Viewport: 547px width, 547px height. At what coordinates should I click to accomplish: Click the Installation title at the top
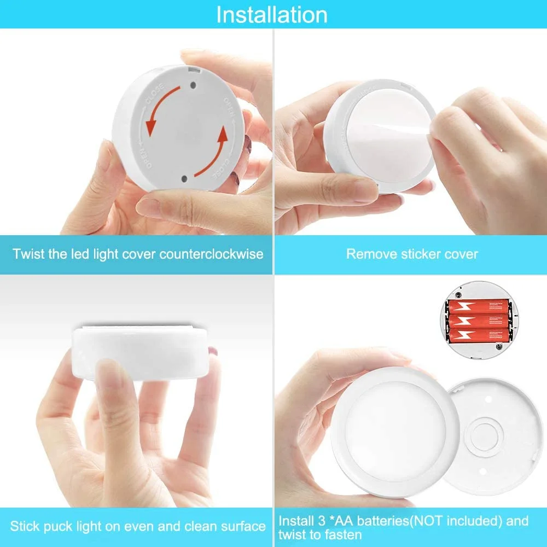[272, 14]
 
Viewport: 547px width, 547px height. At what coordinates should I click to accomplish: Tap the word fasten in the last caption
[344, 534]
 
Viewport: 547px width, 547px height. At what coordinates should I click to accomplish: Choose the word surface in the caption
[242, 527]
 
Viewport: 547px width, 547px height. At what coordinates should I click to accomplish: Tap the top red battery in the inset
[479, 306]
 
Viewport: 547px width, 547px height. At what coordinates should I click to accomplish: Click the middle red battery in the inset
[479, 320]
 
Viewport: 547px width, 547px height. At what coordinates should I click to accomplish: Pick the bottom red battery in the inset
[479, 334]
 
